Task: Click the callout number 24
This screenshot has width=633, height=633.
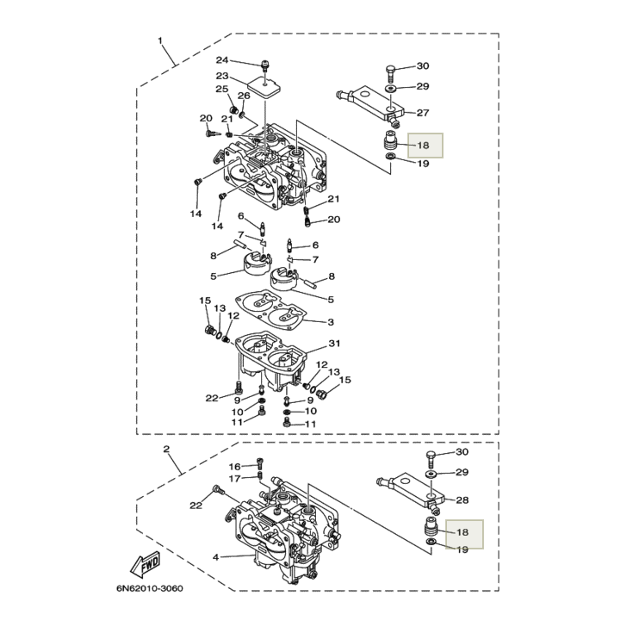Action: [x=222, y=60]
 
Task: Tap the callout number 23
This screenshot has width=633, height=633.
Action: [x=222, y=76]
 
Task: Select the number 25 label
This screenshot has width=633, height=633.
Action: [x=221, y=90]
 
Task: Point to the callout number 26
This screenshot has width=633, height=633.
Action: [x=244, y=96]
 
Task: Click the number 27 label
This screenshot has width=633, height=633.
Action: [x=423, y=113]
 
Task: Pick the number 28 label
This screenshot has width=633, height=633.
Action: [x=462, y=500]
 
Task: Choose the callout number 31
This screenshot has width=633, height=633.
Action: [x=335, y=344]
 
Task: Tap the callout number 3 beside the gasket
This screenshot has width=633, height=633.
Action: [x=331, y=322]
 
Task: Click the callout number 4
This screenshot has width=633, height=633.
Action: [x=216, y=557]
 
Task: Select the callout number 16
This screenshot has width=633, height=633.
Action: [x=234, y=466]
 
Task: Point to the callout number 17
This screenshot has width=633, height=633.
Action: [x=234, y=478]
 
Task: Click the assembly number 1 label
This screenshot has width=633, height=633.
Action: [x=159, y=41]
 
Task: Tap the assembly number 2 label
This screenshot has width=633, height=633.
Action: [x=166, y=450]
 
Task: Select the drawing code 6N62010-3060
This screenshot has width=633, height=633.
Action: [x=150, y=590]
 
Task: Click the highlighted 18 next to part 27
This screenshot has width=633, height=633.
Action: [x=423, y=146]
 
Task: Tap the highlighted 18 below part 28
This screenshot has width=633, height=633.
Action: [x=462, y=534]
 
